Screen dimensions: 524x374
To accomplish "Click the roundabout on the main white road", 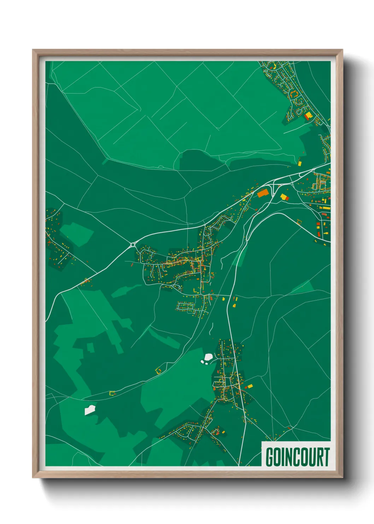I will tap(133, 244).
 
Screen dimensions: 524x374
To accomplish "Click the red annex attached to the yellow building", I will tap(306, 117).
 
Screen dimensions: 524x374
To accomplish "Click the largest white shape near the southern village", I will tap(208, 357).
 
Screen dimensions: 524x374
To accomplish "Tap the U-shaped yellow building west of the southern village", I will tap(158, 370).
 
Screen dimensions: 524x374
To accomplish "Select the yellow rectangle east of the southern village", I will tap(250, 386).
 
